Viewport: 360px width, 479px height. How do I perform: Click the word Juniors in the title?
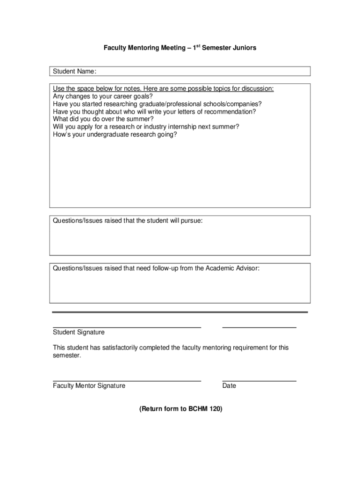click(244, 48)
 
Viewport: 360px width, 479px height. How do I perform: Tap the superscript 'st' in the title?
click(199, 46)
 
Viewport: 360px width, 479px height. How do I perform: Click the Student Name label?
click(74, 71)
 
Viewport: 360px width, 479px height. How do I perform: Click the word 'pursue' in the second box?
click(192, 221)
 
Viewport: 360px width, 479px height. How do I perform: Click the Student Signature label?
click(79, 332)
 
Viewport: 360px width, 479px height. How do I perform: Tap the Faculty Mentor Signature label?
click(89, 386)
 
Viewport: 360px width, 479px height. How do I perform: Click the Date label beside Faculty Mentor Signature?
click(229, 386)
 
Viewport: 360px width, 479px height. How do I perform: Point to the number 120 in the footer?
click(215, 409)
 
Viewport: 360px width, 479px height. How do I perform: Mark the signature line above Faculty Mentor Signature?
click(127, 381)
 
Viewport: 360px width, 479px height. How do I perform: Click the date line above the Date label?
click(259, 381)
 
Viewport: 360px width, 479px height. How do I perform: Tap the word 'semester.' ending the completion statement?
click(67, 356)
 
